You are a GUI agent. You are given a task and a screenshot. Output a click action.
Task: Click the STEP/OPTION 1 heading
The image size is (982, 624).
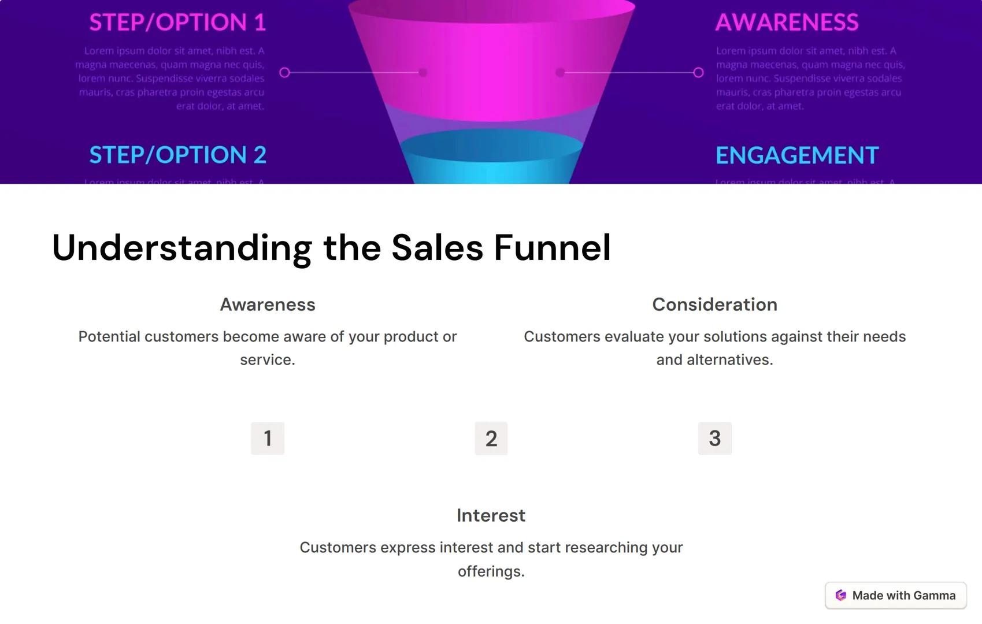point(177,22)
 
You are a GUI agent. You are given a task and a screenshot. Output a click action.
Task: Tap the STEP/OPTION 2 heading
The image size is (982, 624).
point(177,155)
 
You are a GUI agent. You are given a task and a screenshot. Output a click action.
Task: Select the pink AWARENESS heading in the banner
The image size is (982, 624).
point(787,22)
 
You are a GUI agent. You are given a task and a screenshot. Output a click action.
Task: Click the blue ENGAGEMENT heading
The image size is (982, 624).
point(797,155)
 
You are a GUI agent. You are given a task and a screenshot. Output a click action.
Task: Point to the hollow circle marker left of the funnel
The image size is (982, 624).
point(284,72)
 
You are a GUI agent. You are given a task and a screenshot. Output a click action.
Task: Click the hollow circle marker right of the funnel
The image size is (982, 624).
point(698,72)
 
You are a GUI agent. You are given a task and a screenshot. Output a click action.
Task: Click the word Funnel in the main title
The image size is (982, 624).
point(552,248)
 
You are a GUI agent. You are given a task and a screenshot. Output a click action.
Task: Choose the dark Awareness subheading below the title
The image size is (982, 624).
point(268,304)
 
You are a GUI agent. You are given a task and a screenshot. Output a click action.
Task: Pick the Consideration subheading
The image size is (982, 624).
point(714,304)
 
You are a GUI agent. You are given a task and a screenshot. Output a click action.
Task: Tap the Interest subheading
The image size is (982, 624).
point(491,515)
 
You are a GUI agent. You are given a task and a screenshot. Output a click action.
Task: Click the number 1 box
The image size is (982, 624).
point(268,438)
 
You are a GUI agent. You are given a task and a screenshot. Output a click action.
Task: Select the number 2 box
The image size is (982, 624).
point(491,439)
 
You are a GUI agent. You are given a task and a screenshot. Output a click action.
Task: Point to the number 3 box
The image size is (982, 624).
point(714,438)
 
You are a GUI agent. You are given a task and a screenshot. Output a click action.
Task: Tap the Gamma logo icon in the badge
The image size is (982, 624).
point(841,595)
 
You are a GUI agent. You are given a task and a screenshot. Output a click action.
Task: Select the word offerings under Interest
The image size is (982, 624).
point(491,571)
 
